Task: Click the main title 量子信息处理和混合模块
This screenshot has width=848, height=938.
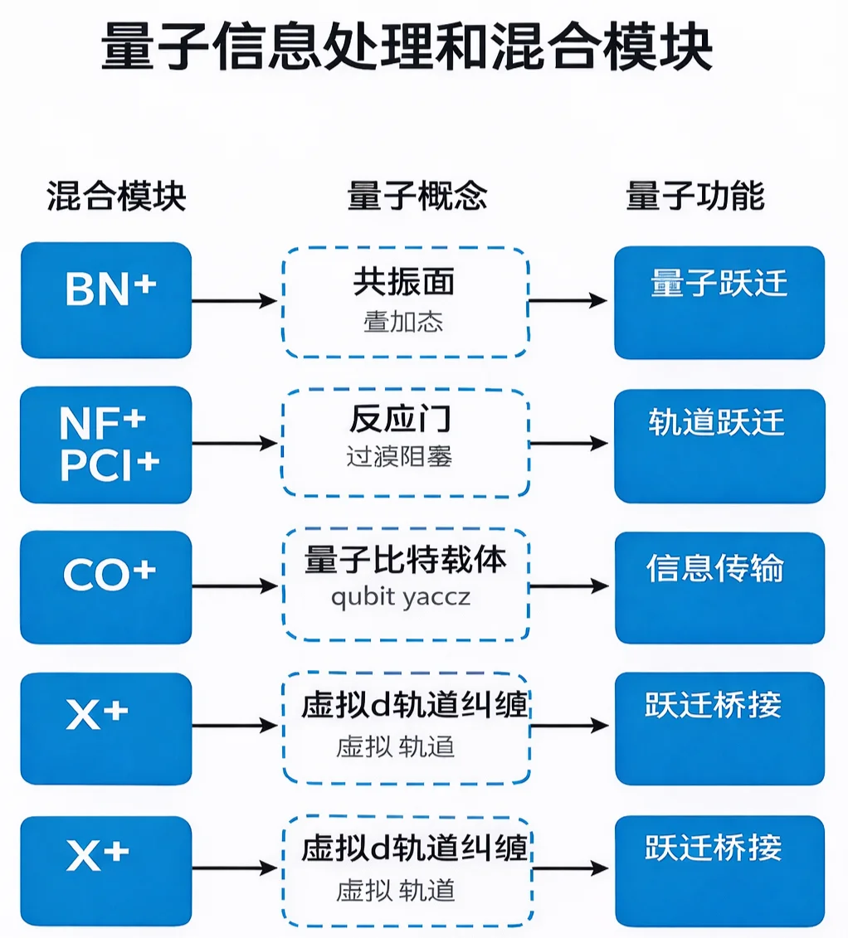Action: pos(407,47)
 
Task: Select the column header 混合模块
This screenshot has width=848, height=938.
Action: pos(116,197)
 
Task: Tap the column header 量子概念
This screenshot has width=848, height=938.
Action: pos(417,197)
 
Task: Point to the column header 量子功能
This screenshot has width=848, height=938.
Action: pos(694,197)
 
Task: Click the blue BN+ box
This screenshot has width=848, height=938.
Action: pos(106,300)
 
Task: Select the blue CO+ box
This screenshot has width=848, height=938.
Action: pos(106,587)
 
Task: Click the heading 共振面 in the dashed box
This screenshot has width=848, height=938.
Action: pos(404,283)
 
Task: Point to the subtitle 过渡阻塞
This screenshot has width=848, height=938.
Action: pos(399,457)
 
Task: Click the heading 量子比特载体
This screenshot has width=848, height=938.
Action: pos(405,561)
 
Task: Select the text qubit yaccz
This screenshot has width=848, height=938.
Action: pos(400,597)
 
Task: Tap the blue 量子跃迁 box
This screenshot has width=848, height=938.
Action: pos(719,302)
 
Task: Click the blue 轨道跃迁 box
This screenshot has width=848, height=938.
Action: pos(719,445)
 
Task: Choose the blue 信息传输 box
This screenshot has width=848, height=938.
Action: pos(719,587)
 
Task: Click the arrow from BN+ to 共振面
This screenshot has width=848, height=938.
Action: pos(235,300)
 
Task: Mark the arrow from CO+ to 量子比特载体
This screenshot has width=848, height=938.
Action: pos(235,587)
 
